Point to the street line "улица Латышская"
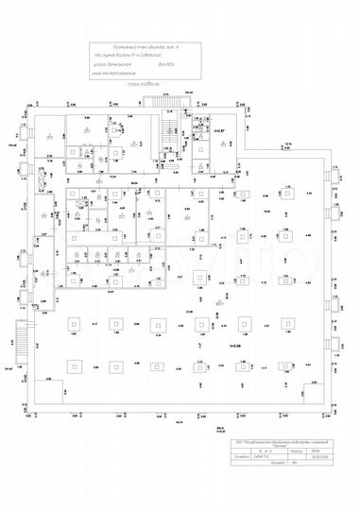[112, 65]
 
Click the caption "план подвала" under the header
[141, 84]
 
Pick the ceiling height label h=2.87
[219, 130]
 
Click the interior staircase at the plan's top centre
[171, 136]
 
